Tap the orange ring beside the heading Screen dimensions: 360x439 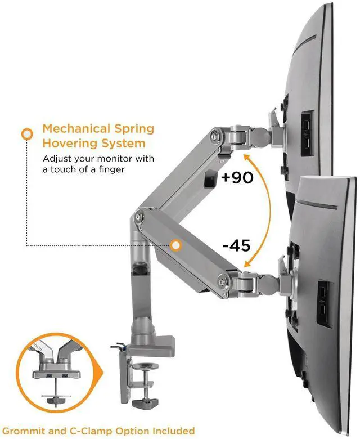coord(26,135)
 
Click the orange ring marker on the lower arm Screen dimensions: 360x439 coord(176,245)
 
